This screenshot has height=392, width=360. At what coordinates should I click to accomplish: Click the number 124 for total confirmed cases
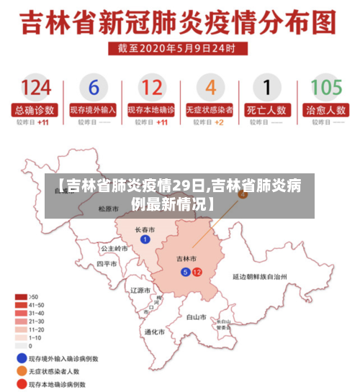coord(35,88)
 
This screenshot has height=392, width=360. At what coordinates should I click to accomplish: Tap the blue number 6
coord(93,88)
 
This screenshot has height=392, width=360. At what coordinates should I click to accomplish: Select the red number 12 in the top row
coord(151,88)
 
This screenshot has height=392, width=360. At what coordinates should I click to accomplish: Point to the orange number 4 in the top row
coord(210,88)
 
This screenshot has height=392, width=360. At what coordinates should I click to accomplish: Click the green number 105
coord(325,88)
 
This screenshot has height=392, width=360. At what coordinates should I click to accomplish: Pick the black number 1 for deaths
coord(267,88)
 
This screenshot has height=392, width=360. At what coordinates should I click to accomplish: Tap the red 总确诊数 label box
coord(35,111)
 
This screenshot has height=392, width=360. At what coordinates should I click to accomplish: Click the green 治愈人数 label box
coord(325,111)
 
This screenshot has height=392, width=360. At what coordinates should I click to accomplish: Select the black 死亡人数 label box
coord(267,111)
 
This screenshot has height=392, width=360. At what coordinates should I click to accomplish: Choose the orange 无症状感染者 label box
coord(210,111)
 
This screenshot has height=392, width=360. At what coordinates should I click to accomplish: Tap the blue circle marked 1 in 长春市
coord(145,240)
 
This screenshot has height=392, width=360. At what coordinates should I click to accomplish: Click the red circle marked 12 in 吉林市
coord(197,272)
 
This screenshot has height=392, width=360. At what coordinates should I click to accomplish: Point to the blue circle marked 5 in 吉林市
coord(185,272)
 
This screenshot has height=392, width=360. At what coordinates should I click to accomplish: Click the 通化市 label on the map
coord(154,332)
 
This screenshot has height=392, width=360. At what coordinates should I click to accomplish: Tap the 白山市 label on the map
coord(197,316)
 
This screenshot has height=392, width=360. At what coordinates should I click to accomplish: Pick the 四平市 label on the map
coord(107,264)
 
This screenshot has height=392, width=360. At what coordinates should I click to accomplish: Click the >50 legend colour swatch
coord(22,297)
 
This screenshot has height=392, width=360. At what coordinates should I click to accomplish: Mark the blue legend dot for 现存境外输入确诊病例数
coord(21,357)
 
